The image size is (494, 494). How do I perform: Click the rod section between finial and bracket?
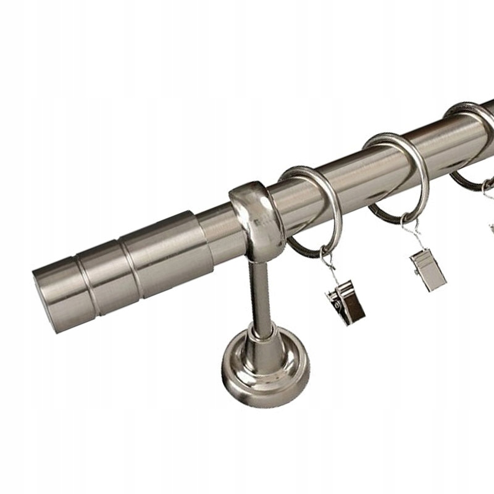tap(216, 225)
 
